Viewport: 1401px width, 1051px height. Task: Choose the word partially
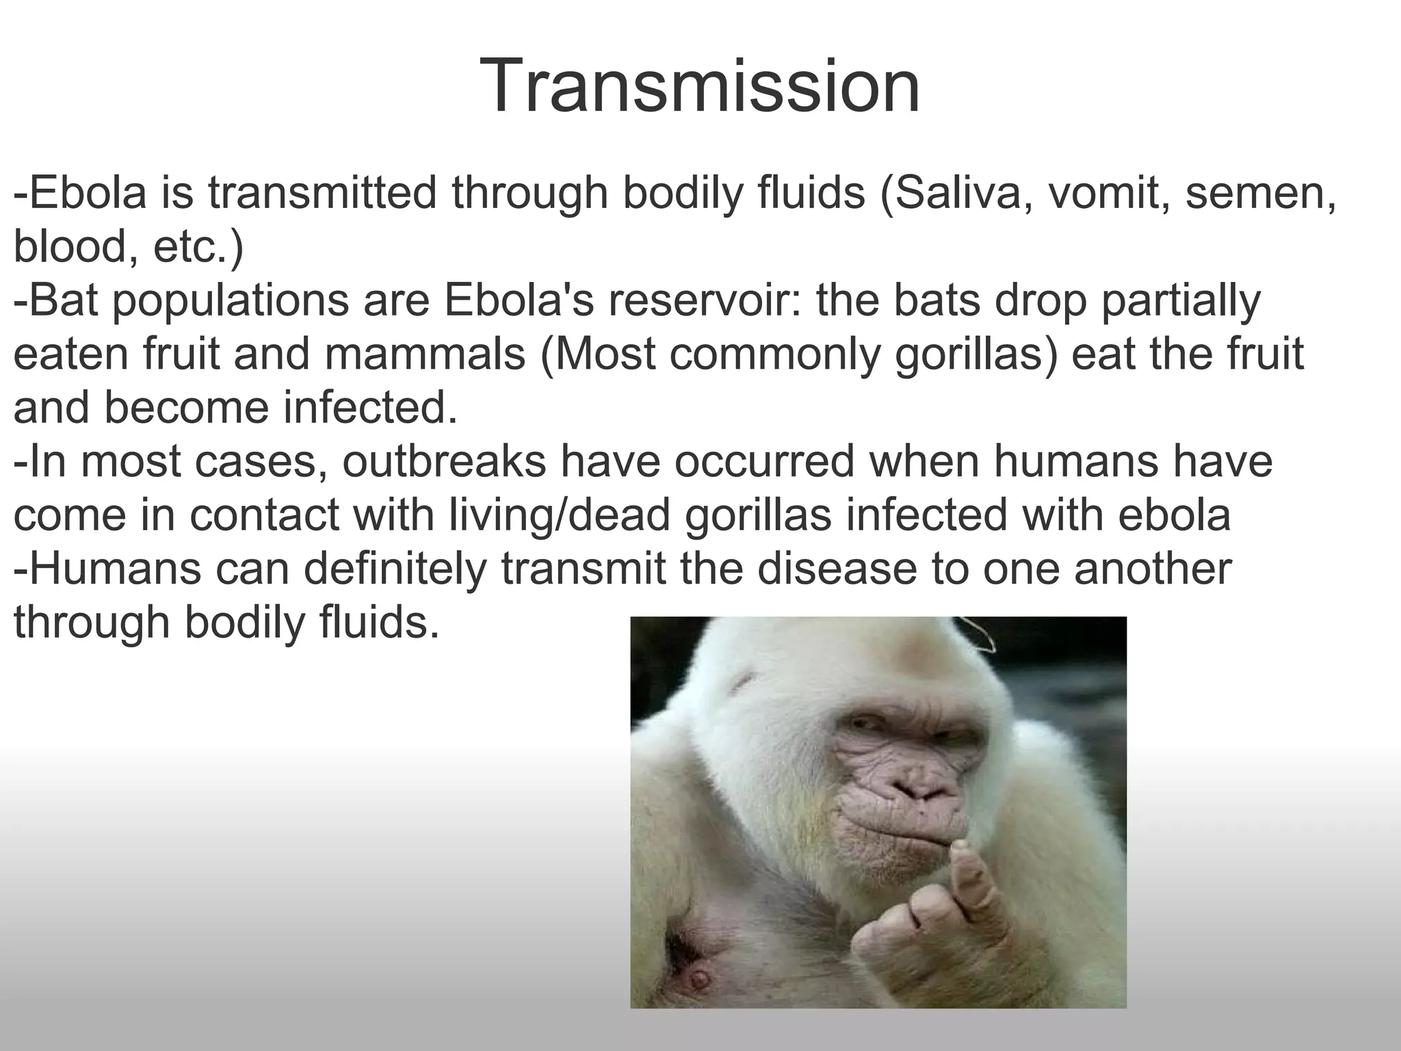1180,302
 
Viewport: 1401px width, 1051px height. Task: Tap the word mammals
425,354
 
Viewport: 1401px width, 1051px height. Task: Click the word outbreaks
445,461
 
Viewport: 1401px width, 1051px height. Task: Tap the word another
1153,569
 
